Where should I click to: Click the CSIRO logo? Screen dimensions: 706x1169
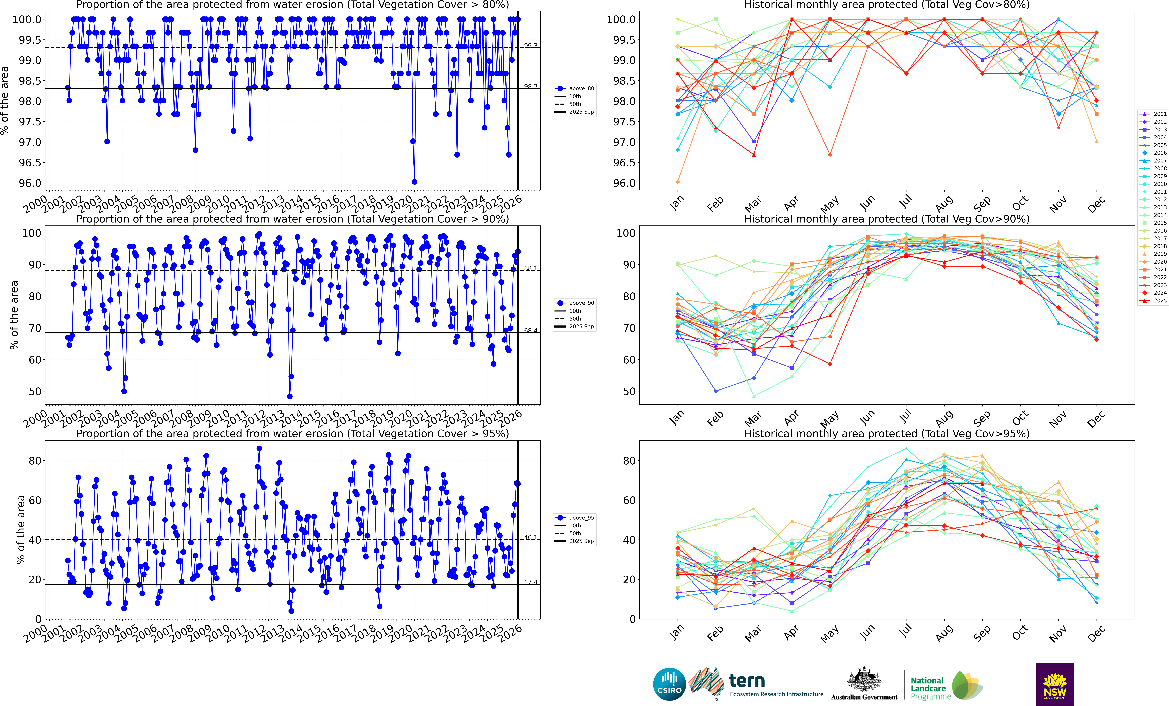click(669, 684)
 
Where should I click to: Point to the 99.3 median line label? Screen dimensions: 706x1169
click(530, 46)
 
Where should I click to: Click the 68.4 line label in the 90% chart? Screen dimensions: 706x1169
click(530, 330)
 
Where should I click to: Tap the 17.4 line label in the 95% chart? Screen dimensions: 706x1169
click(530, 582)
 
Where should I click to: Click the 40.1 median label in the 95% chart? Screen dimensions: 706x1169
click(530, 537)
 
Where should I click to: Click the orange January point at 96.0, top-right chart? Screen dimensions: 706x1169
click(677, 182)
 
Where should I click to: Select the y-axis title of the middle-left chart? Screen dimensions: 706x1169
click(14, 315)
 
